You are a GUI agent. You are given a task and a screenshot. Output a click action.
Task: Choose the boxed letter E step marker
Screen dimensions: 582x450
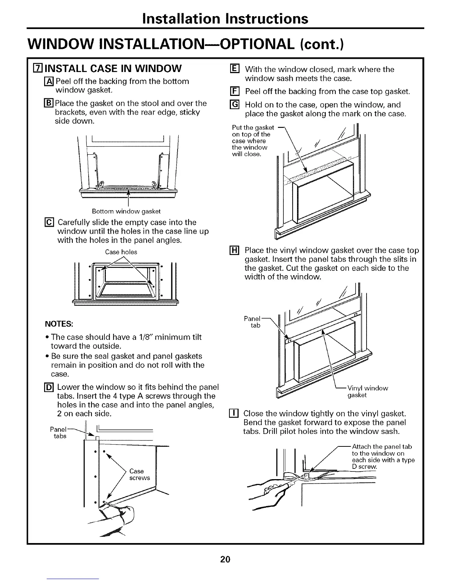pyautogui.click(x=238, y=69)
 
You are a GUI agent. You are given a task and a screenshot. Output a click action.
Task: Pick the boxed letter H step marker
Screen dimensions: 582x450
pyautogui.click(x=238, y=251)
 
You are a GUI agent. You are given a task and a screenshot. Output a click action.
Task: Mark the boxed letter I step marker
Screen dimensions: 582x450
pyautogui.click(x=238, y=413)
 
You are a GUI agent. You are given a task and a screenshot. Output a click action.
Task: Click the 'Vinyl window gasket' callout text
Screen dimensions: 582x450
pyautogui.click(x=368, y=391)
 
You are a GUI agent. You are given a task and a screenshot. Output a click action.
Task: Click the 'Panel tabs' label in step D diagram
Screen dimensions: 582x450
pyautogui.click(x=58, y=432)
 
